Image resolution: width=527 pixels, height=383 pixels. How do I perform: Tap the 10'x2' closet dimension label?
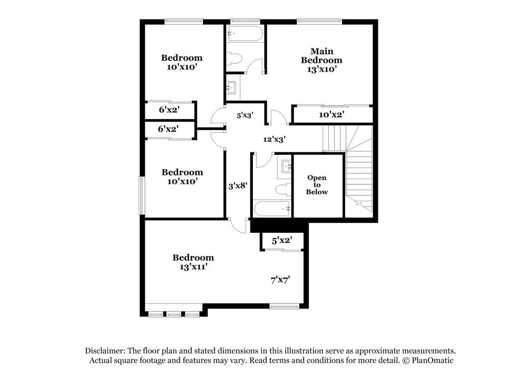331,114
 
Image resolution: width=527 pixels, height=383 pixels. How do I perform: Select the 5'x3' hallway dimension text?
245,115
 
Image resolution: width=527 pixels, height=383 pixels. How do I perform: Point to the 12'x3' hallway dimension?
274,140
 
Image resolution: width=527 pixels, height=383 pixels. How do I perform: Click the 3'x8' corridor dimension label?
238,186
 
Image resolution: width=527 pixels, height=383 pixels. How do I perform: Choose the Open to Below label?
317,185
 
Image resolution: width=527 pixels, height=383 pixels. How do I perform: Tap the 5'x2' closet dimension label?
281,241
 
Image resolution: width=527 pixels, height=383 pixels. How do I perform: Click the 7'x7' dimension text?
280,280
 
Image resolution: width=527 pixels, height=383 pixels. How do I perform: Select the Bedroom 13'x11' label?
193,262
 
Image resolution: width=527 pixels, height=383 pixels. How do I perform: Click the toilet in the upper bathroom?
234,60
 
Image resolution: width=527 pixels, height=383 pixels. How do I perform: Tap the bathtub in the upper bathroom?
244,34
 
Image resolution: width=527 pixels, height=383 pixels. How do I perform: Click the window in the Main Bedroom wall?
319,22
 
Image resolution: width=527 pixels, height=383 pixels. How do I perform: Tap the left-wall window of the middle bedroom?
142,195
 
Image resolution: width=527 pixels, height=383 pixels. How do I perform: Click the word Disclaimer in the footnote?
104,351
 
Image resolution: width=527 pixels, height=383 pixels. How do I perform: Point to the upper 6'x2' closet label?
169,111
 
